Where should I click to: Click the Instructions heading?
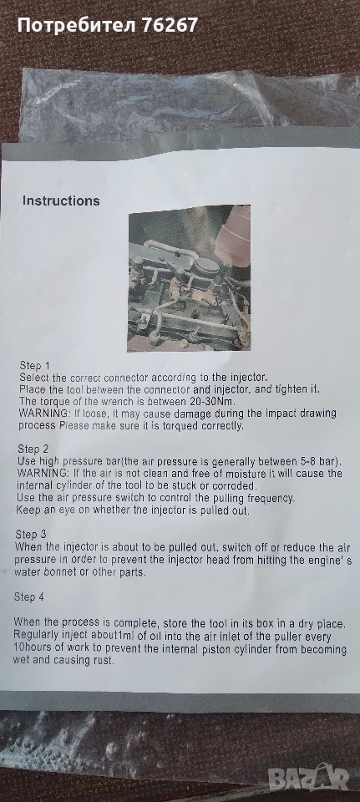point(61,200)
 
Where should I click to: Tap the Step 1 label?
point(35,366)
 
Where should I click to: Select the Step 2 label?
point(33,449)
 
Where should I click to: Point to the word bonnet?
point(55,571)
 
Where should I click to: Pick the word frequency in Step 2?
point(269,498)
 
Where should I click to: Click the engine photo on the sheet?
point(189,278)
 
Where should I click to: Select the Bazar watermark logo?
point(309,779)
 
